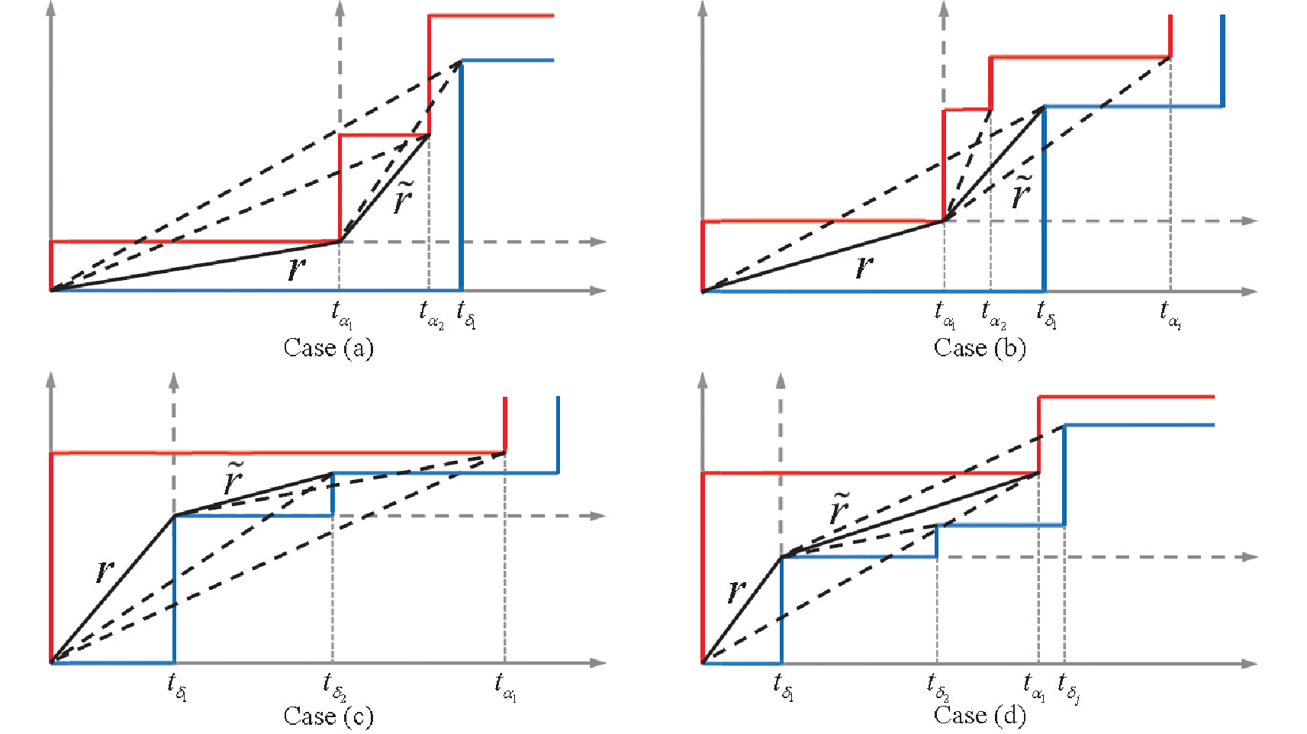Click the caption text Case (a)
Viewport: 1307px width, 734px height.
coord(328,348)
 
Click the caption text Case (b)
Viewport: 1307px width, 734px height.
coord(979,348)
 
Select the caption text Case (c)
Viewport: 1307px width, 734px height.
coord(328,716)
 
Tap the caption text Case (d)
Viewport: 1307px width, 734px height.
coord(979,716)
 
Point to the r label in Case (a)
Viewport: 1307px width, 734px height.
coord(296,269)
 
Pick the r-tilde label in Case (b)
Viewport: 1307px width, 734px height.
coord(1021,192)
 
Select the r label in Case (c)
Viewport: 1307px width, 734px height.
coord(104,571)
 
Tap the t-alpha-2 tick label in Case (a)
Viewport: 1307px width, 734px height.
coord(431,316)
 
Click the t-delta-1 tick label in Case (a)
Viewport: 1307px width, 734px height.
coord(466,315)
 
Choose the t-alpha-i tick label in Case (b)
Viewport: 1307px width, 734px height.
coord(1170,316)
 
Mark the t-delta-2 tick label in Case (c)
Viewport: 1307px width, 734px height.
coord(335,687)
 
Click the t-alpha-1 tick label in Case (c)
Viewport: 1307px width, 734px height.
coord(505,687)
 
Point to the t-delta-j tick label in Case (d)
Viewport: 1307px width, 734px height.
coord(1068,688)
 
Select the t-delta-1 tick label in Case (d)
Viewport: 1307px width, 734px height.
coord(783,687)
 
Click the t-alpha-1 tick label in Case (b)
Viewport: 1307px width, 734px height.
coord(945,316)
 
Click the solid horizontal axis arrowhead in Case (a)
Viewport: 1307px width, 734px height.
coord(598,291)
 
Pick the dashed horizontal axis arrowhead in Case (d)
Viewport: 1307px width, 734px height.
coord(1249,557)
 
